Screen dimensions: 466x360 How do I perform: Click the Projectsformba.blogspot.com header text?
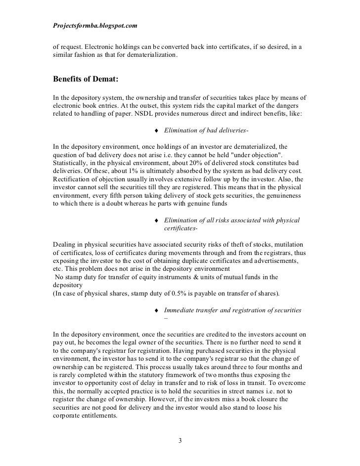94,24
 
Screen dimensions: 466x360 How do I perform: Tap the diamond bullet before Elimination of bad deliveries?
157,130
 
